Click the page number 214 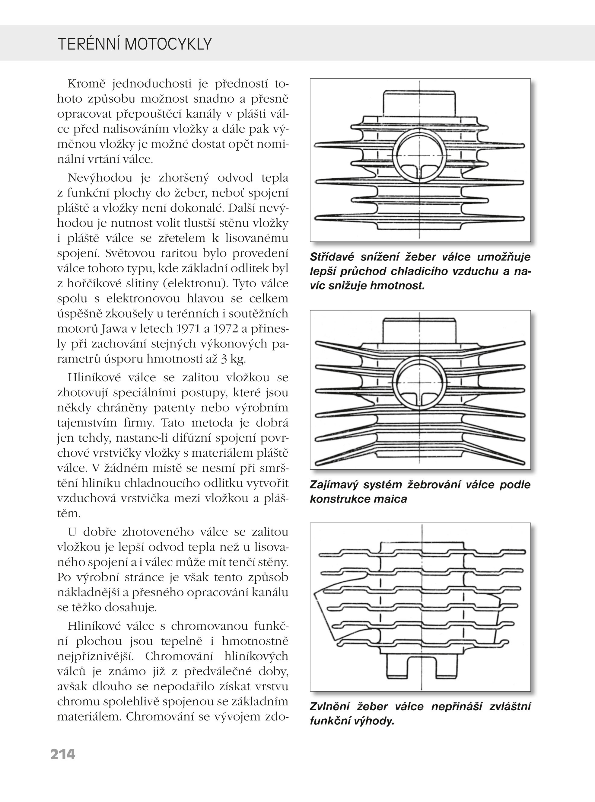(x=63, y=754)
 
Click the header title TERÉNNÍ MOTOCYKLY (x=134, y=44)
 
